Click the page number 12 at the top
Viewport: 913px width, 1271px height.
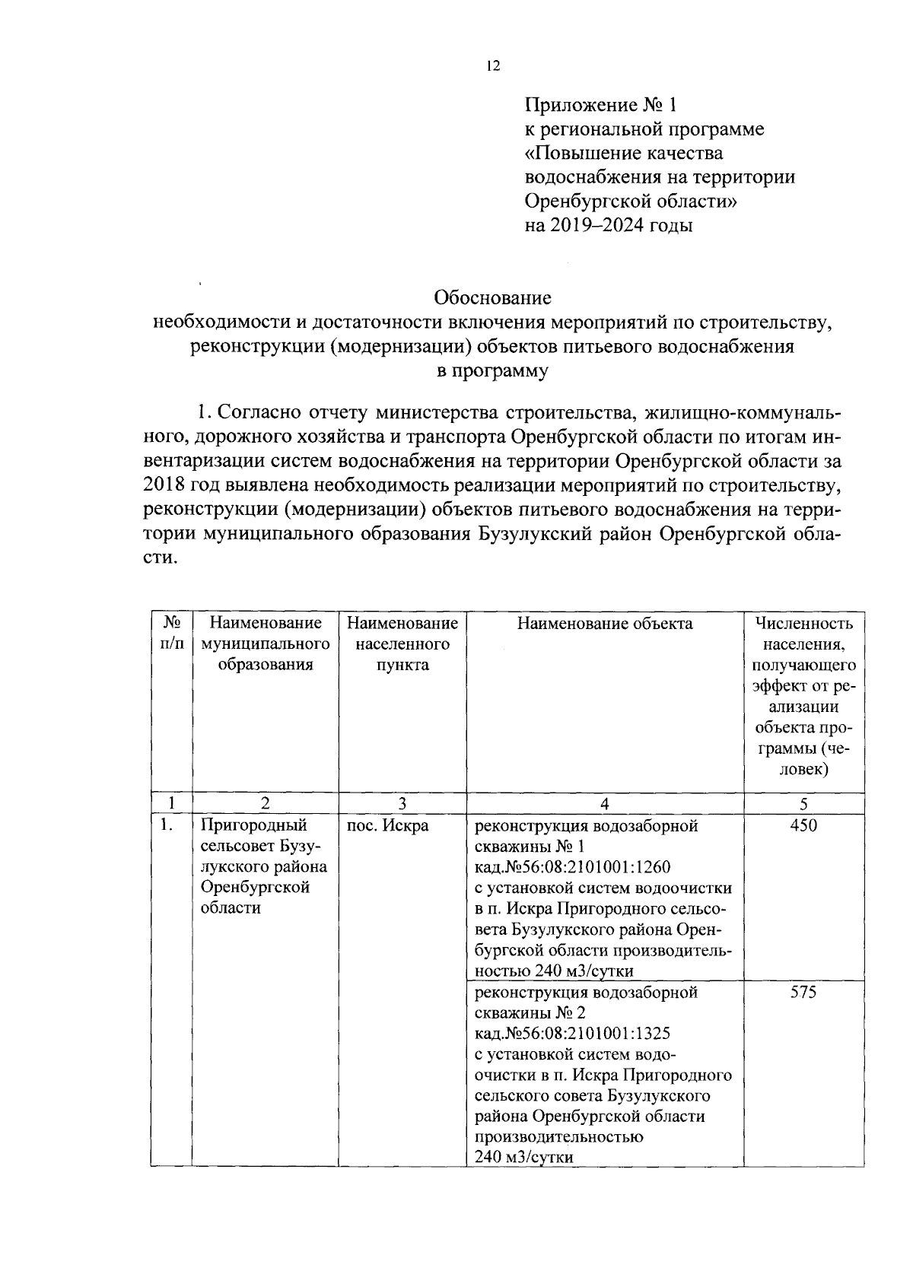pyautogui.click(x=493, y=66)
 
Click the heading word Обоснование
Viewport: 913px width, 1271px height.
pyautogui.click(x=492, y=297)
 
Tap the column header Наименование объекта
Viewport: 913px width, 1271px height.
pyautogui.click(x=605, y=624)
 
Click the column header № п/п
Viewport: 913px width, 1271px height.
pyautogui.click(x=171, y=634)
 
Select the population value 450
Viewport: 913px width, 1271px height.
pyautogui.click(x=803, y=825)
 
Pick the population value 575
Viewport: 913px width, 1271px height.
pyautogui.click(x=803, y=992)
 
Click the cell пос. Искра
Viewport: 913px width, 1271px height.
pyautogui.click(x=387, y=825)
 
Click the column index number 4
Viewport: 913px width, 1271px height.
pyautogui.click(x=605, y=803)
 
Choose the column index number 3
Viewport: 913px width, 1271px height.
pyautogui.click(x=402, y=803)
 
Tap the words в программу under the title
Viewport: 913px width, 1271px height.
pyautogui.click(x=492, y=371)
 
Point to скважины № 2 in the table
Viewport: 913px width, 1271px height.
pyautogui.click(x=530, y=1013)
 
